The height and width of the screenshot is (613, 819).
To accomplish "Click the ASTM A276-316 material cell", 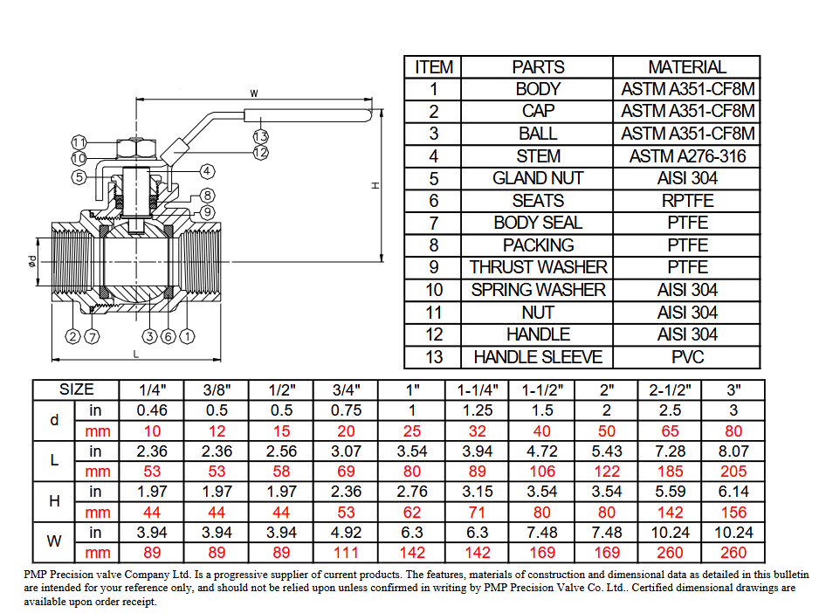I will click(x=687, y=156).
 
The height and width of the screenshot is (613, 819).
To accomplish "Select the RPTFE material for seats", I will click(x=687, y=201).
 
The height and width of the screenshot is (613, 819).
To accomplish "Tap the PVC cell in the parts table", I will click(x=687, y=357).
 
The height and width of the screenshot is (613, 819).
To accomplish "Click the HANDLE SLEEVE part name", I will click(x=538, y=357).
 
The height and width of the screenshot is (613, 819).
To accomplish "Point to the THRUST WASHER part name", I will click(x=538, y=267).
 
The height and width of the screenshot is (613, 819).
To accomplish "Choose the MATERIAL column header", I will click(x=687, y=67).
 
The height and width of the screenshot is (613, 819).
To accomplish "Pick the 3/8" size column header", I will click(x=217, y=389).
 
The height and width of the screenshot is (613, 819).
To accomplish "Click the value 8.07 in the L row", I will click(x=733, y=451).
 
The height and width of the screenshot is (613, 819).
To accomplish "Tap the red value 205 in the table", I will click(x=733, y=472).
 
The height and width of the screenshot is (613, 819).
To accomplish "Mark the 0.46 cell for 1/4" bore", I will click(x=152, y=410).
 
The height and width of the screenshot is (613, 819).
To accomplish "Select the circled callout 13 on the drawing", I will click(x=260, y=136).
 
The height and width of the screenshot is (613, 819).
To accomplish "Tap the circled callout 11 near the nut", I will click(x=79, y=142).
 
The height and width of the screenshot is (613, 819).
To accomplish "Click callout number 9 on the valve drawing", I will click(x=207, y=212).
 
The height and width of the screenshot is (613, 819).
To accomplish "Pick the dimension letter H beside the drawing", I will click(x=375, y=185).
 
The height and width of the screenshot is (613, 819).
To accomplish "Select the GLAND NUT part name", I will click(x=538, y=178).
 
